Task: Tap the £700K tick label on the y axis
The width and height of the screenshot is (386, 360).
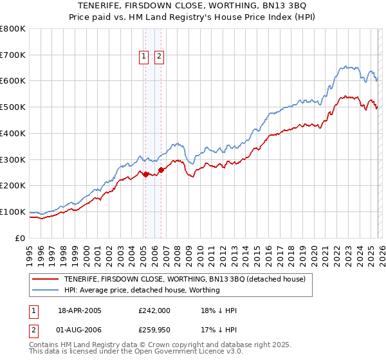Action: (13, 55)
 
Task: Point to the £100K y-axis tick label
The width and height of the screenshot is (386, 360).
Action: (13, 212)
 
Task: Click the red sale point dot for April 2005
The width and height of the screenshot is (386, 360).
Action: (145, 174)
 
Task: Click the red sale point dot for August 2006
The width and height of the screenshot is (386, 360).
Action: (160, 170)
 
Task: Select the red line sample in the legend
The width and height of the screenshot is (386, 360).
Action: (45, 280)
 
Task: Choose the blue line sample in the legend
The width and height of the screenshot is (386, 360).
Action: (45, 290)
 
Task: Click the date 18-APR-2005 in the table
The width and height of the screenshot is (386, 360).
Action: (80, 310)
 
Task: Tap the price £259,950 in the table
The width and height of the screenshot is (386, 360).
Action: (154, 331)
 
